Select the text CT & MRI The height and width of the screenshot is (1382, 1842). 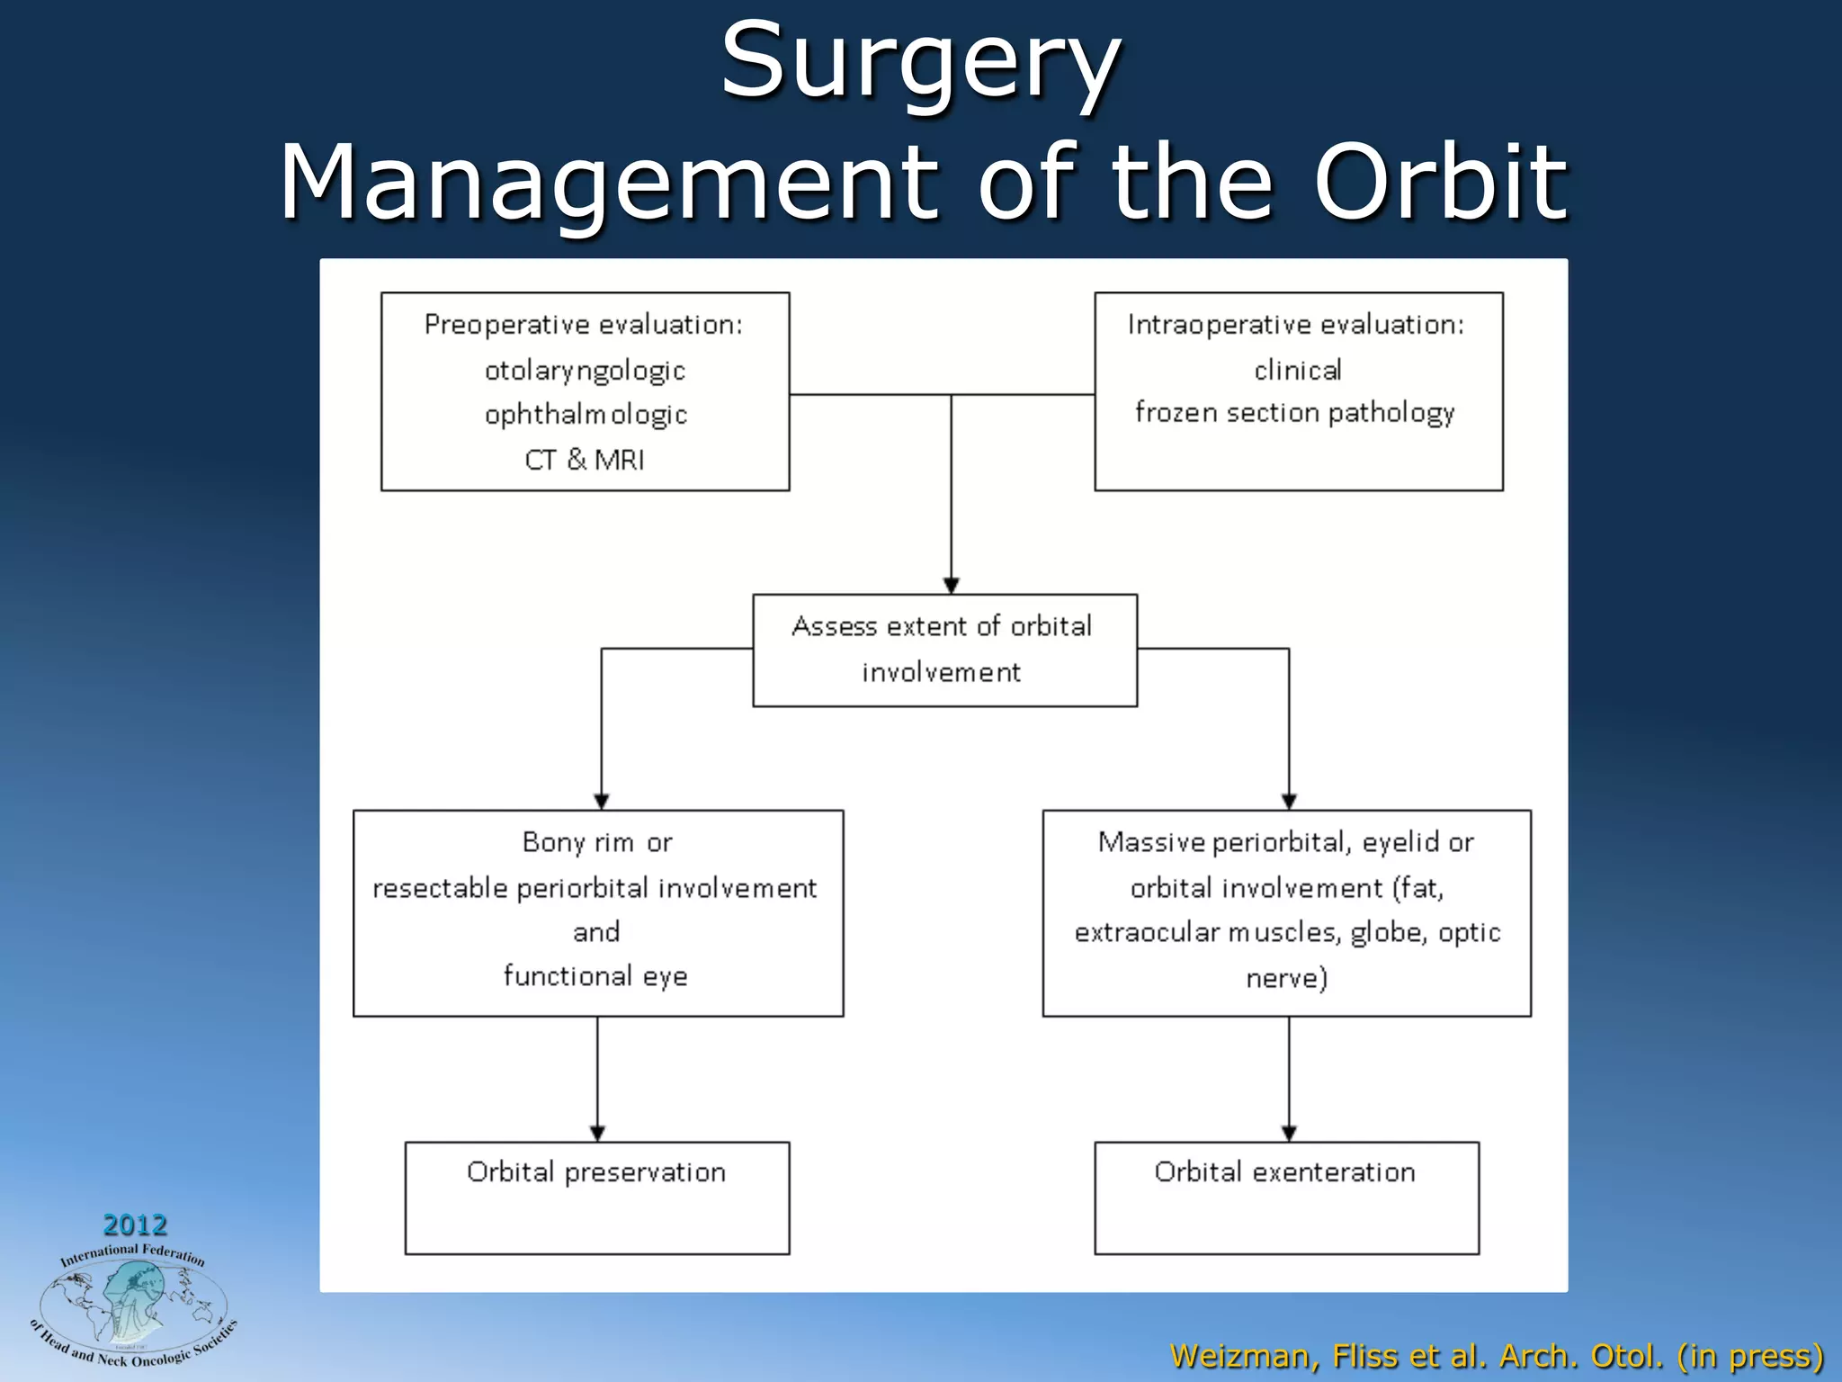click(585, 460)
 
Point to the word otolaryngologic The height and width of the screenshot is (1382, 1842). click(585, 371)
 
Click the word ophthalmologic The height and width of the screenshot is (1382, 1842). click(586, 415)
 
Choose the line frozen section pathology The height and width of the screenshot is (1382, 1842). click(1295, 413)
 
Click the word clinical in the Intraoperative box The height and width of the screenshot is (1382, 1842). click(1297, 370)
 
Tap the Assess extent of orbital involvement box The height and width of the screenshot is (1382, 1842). click(944, 650)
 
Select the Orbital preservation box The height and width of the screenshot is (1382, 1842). click(596, 1198)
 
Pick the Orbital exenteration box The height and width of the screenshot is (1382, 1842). click(1286, 1198)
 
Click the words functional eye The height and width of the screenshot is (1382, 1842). click(595, 976)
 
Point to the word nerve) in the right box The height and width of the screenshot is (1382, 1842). click(1286, 978)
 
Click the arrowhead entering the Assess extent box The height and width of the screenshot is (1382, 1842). click(952, 586)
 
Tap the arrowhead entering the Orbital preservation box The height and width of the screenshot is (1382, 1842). click(597, 1134)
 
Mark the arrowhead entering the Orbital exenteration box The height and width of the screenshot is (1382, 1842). click(1289, 1134)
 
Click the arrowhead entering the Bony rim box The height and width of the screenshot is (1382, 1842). click(602, 802)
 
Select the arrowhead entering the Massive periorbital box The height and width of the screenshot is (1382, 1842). click(1289, 802)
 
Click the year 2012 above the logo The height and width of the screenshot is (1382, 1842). click(135, 1225)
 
